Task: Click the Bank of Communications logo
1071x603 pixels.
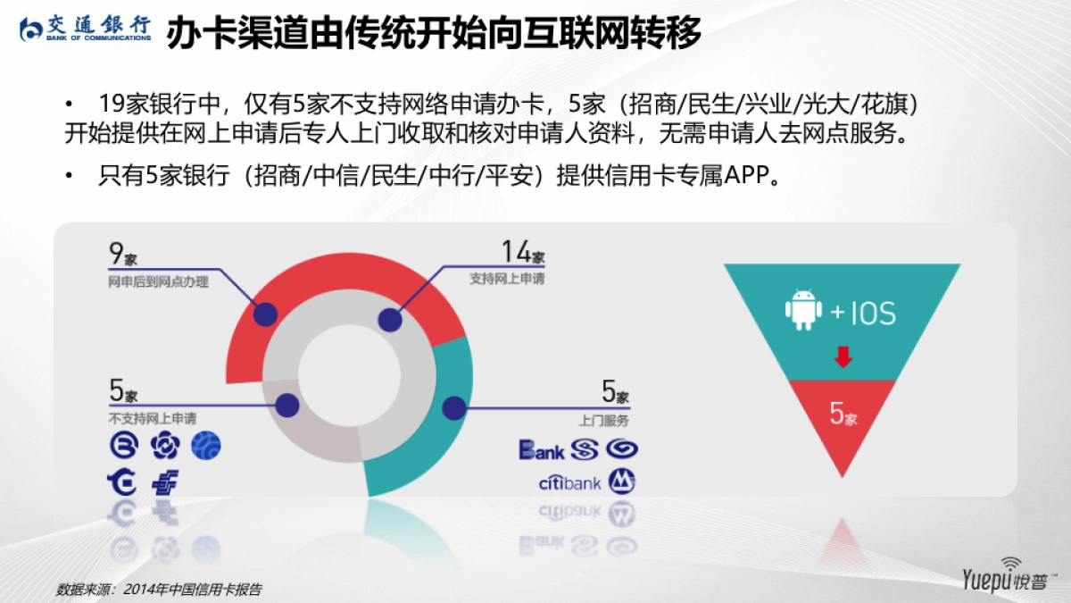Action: (x=86, y=29)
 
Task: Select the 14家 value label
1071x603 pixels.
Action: (x=522, y=253)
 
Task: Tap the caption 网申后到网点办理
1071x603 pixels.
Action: (x=158, y=282)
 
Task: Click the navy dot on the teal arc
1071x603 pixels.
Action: (x=454, y=407)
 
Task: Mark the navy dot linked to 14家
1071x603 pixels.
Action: (x=388, y=320)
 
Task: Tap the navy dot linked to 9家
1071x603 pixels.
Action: (x=264, y=314)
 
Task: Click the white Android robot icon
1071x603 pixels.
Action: (x=802, y=310)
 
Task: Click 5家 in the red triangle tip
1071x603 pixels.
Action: (x=843, y=414)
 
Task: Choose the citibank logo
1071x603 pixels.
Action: (x=569, y=484)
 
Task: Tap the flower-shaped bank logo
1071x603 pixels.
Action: (x=164, y=445)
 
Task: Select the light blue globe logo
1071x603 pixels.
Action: (x=206, y=445)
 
